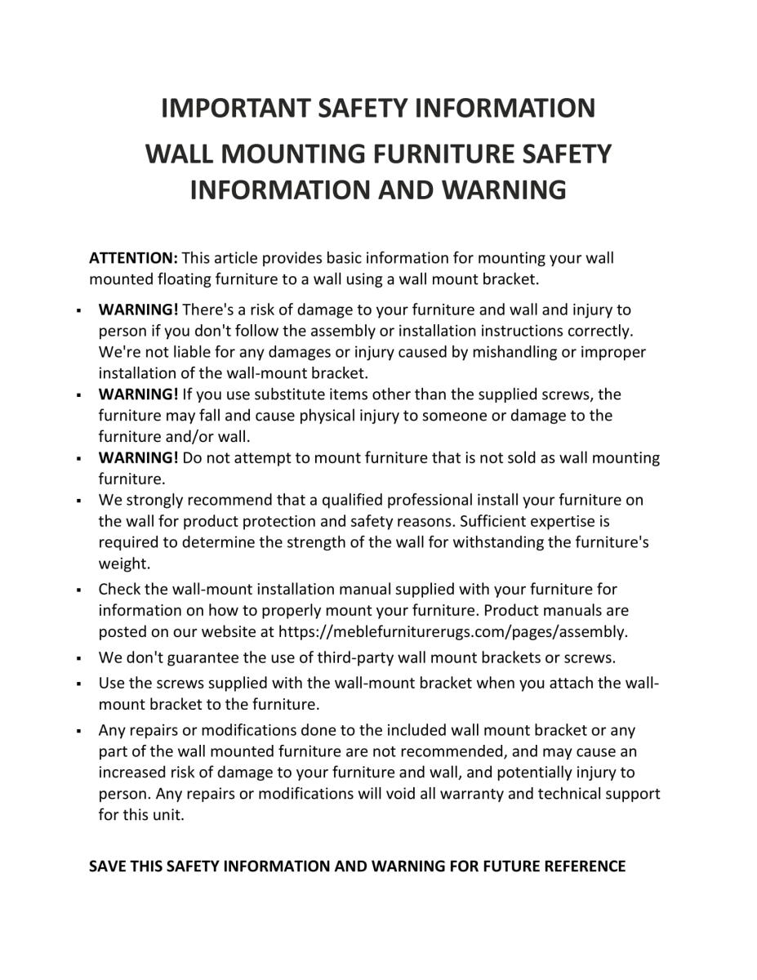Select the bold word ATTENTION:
(x=133, y=258)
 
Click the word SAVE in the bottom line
(x=107, y=866)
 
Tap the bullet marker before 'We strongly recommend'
(x=77, y=500)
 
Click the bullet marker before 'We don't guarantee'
(x=77, y=657)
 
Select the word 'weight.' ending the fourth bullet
(x=124, y=563)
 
